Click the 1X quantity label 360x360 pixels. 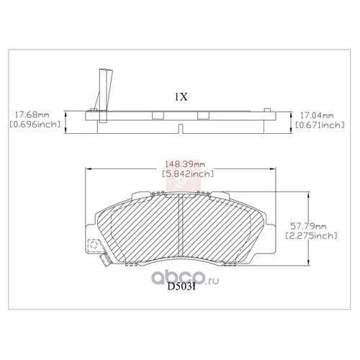coord(180,96)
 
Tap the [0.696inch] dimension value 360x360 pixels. coord(33,126)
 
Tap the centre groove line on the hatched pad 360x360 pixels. coord(180,227)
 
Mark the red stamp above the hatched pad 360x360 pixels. coord(175,188)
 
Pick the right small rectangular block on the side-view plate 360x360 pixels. coord(202,114)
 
